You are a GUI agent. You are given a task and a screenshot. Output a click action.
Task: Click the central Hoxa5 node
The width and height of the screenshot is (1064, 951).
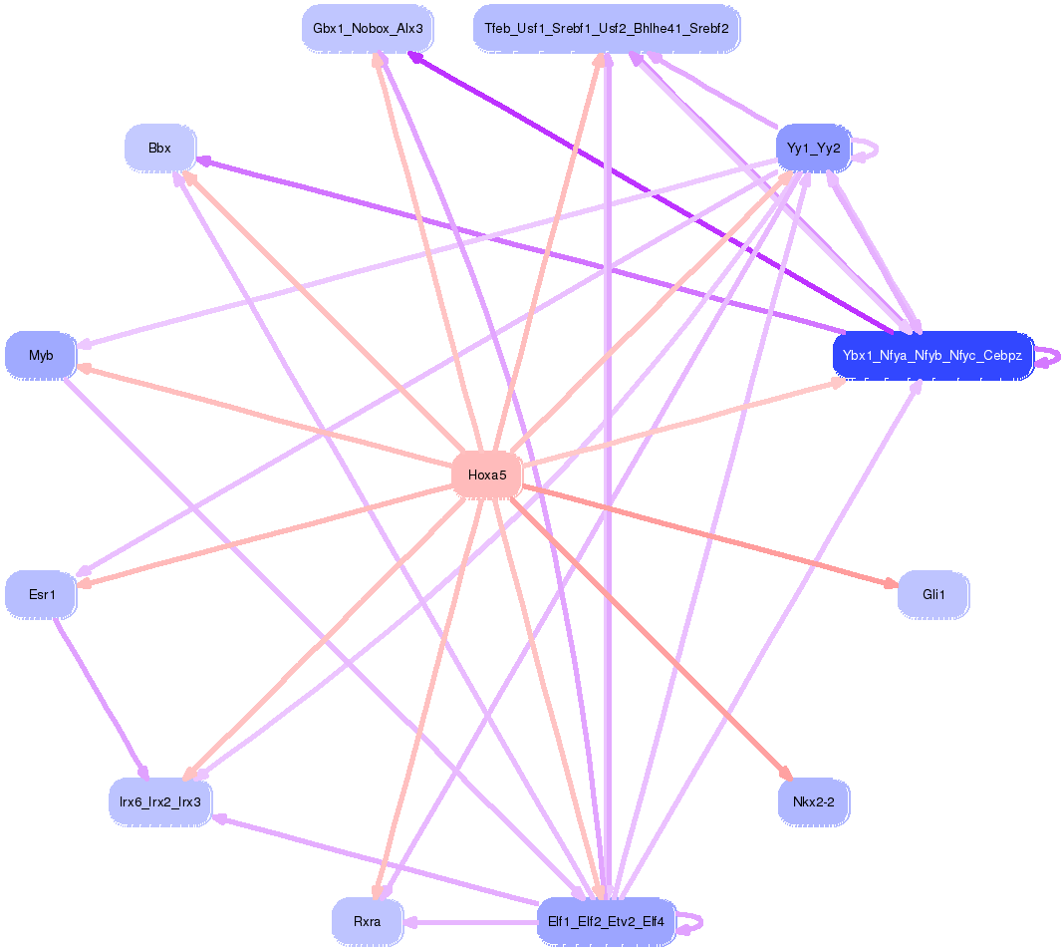pyautogui.click(x=487, y=475)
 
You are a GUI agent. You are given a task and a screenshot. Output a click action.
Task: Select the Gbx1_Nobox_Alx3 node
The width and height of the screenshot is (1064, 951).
pyautogui.click(x=368, y=29)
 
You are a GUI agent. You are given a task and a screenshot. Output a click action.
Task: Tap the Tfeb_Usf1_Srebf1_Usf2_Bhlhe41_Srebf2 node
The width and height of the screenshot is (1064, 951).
pyautogui.click(x=607, y=29)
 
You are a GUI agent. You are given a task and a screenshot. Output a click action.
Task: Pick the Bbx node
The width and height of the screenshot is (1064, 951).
pyautogui.click(x=159, y=149)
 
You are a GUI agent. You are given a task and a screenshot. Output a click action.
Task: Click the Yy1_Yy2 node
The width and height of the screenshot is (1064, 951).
pyautogui.click(x=813, y=149)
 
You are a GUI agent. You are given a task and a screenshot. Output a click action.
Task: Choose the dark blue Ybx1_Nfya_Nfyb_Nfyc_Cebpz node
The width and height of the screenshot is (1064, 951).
pyautogui.click(x=931, y=355)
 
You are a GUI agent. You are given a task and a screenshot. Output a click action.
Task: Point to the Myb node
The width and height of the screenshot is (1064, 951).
pyautogui.click(x=41, y=355)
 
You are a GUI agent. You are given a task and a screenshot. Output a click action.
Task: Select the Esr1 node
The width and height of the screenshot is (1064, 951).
pyautogui.click(x=41, y=595)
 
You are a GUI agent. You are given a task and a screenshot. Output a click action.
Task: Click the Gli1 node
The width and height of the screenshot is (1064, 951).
pyautogui.click(x=933, y=595)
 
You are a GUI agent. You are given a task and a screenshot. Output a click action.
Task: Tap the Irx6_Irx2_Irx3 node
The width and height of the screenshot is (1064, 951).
pyautogui.click(x=160, y=801)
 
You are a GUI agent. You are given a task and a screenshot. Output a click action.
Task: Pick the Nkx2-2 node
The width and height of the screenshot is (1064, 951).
pyautogui.click(x=813, y=801)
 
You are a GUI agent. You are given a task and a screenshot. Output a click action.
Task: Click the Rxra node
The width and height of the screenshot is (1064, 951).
pyautogui.click(x=368, y=921)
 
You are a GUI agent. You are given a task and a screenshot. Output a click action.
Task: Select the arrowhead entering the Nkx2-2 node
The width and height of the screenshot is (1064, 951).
pyautogui.click(x=785, y=774)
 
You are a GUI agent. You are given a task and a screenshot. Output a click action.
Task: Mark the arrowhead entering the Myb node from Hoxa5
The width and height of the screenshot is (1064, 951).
pyautogui.click(x=84, y=368)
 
